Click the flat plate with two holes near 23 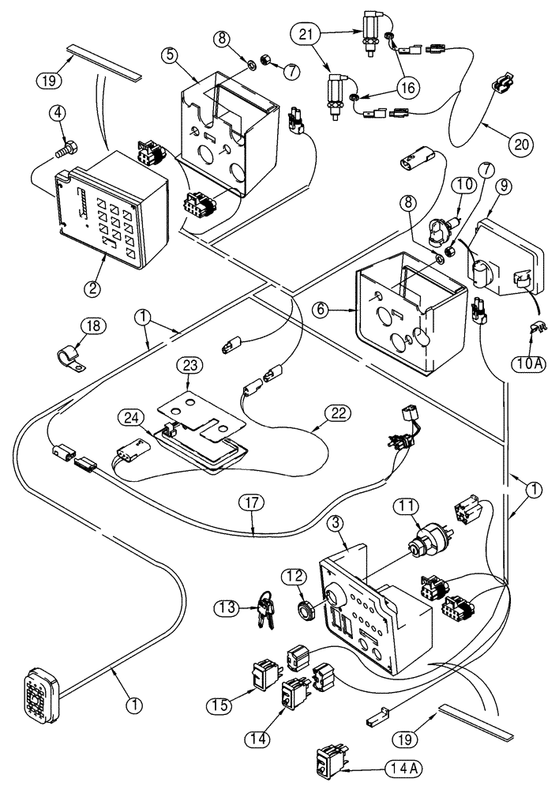pyautogui.click(x=193, y=413)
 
